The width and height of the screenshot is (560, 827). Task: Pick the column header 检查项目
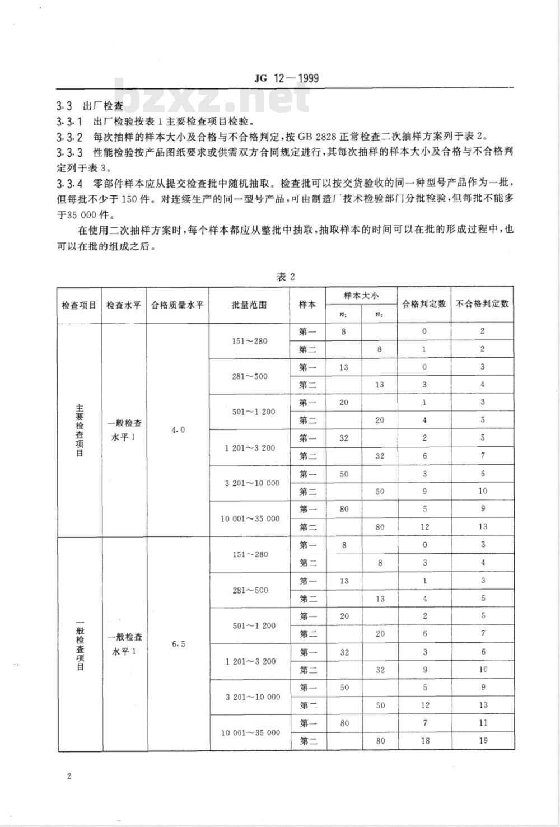coord(79,305)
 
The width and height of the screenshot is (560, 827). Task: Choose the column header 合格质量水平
coord(178,305)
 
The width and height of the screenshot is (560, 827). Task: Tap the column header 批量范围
coord(249,305)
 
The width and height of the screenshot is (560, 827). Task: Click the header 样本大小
coord(361,295)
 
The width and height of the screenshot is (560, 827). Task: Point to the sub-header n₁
coord(343,314)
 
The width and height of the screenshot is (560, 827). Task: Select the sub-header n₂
coord(380,314)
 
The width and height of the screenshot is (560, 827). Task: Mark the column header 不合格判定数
coord(482,304)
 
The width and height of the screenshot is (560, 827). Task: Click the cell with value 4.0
coord(178,429)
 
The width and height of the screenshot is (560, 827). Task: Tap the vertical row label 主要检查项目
coord(80,429)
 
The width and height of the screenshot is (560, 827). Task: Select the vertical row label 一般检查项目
coord(80,644)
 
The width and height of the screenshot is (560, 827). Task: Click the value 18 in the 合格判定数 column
coord(425,741)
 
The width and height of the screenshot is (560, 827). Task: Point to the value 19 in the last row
coord(483,741)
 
